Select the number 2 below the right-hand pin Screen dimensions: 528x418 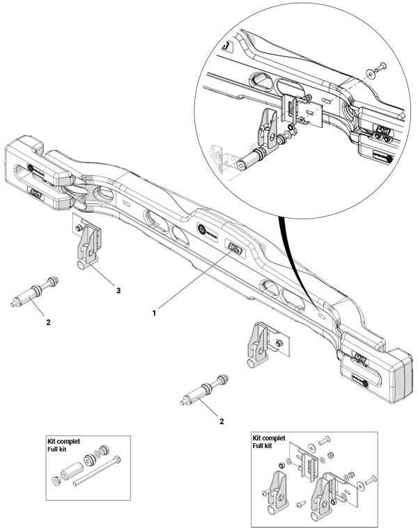(x=221, y=422)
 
